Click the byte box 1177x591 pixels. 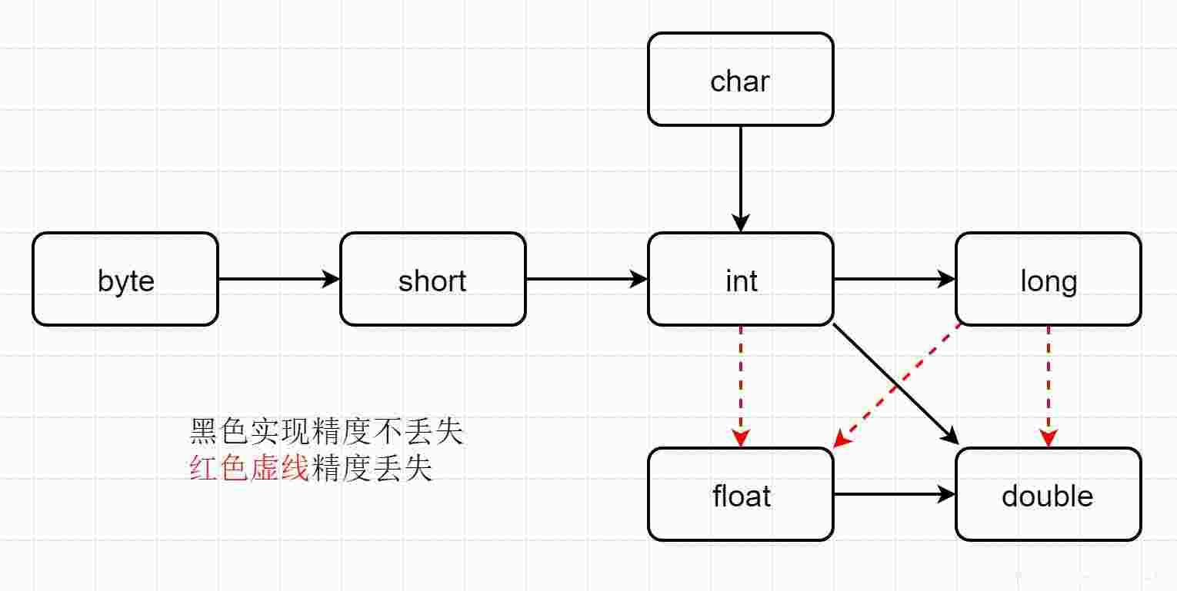[125, 280]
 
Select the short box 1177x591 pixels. [433, 280]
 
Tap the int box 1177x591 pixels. [741, 280]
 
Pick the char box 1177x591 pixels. [741, 79]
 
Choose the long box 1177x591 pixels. [1049, 280]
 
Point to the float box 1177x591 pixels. [741, 495]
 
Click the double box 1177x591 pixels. [1049, 495]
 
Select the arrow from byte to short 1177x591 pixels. [277, 280]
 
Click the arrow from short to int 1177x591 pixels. [585, 280]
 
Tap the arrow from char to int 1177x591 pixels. [741, 177]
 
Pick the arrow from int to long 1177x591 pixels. [892, 280]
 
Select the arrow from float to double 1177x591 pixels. [892, 495]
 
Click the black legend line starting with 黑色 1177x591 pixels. [327, 433]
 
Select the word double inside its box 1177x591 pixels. [1048, 496]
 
